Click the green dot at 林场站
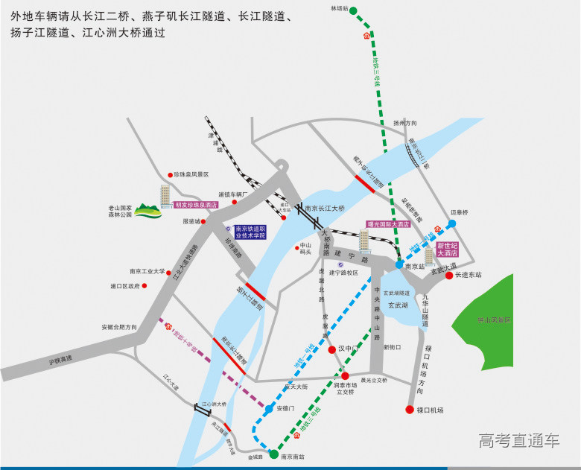(353, 11)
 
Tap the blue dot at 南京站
(399, 264)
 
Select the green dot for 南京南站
(273, 454)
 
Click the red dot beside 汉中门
(331, 349)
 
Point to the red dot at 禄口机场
(409, 410)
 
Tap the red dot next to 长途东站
(449, 275)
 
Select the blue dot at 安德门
(269, 409)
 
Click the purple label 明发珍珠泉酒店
(196, 205)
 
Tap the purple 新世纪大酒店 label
(448, 250)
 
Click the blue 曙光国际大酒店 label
(389, 223)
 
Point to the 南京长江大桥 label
(326, 209)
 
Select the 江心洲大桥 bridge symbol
(202, 409)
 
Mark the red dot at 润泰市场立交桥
(343, 375)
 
